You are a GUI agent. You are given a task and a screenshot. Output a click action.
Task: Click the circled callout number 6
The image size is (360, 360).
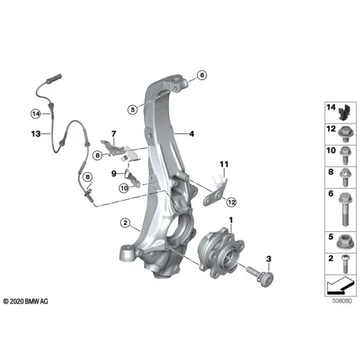202,75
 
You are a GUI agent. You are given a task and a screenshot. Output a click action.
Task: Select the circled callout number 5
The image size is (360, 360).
133,110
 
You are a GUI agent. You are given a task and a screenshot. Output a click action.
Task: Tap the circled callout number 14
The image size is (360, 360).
36,114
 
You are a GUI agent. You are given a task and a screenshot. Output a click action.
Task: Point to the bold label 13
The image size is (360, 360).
36,134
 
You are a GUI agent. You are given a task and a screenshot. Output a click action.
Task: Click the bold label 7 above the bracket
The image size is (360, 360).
113,134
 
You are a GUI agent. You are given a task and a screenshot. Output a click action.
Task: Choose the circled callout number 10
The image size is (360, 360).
124,188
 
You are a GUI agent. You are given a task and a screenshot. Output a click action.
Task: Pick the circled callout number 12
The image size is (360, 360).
231,202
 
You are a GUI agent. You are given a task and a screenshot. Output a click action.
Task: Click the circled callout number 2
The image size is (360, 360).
125,223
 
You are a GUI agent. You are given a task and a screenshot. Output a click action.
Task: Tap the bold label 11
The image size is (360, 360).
224,164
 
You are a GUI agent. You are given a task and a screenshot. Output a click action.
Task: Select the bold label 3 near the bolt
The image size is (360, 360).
269,259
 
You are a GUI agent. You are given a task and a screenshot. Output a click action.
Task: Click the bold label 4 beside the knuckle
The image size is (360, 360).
191,134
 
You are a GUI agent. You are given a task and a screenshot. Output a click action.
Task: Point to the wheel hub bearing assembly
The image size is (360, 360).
221,253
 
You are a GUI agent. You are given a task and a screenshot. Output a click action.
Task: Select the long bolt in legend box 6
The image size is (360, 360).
344,209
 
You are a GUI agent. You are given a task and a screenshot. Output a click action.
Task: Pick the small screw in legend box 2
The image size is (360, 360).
345,264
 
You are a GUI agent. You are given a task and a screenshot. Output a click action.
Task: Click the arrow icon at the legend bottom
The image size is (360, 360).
340,286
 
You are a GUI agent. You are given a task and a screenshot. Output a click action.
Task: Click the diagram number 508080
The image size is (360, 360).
342,301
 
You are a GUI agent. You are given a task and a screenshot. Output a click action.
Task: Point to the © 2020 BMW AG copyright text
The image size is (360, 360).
26,301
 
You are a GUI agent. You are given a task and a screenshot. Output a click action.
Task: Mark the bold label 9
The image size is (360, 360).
113,174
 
